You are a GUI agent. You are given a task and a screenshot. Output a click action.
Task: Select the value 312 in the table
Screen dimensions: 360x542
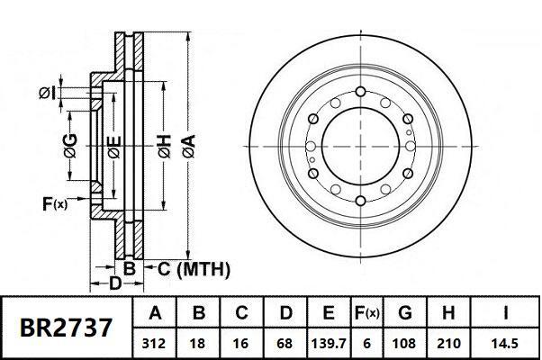click(x=155, y=343)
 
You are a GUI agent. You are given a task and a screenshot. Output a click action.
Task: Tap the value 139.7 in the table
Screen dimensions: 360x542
click(x=329, y=343)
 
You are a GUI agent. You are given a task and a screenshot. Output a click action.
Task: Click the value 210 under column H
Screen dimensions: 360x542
click(x=447, y=343)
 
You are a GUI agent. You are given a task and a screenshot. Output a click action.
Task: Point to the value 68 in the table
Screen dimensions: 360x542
click(x=285, y=343)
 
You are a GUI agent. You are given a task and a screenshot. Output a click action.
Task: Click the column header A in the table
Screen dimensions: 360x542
click(x=155, y=313)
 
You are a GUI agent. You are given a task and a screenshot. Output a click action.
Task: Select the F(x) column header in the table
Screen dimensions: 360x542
click(x=366, y=313)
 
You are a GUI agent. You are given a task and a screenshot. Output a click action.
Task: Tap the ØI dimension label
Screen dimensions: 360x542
click(x=49, y=93)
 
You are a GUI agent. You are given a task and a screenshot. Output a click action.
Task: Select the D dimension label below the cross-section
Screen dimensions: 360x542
click(x=114, y=284)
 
